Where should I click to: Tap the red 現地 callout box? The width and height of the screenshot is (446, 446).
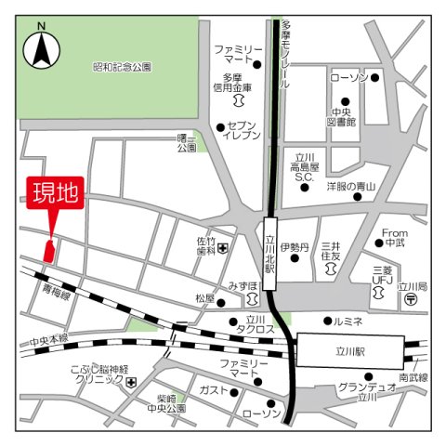point(56,196)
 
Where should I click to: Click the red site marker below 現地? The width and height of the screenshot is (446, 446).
point(49,248)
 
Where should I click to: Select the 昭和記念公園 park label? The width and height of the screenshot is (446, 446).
point(123,67)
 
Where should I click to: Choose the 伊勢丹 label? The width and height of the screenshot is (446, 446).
point(295,248)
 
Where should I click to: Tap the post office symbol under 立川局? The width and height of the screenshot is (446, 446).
point(411,303)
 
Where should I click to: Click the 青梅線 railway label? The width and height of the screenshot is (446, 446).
point(56,290)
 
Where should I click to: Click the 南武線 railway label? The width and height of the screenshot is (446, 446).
point(413,378)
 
